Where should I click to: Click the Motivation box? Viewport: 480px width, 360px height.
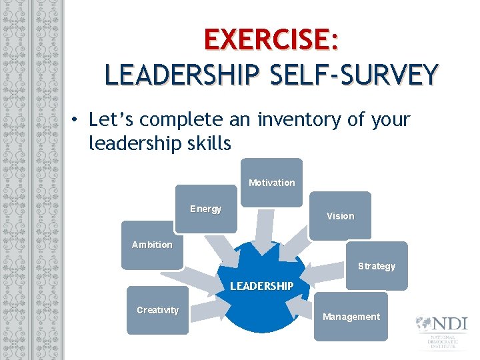(x=271, y=182)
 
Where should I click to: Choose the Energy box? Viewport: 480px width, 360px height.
(x=205, y=209)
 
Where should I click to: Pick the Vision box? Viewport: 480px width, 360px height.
(x=340, y=215)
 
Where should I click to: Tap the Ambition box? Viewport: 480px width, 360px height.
(x=152, y=245)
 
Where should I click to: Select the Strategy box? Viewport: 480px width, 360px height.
(x=376, y=265)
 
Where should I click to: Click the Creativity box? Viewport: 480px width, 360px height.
(x=157, y=310)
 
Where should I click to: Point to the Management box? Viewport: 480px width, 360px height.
(x=351, y=317)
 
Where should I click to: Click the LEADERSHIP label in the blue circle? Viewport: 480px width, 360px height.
(x=261, y=286)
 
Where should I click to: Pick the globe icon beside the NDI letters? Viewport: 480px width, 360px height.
(x=422, y=324)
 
